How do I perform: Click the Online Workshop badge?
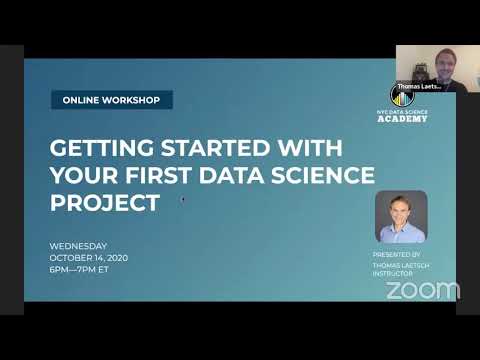112,100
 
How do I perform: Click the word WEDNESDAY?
78,246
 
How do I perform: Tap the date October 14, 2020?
89,258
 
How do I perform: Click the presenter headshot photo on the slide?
400,216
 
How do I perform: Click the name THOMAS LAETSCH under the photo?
398,264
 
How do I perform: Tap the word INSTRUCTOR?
392,273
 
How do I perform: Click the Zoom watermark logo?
422,290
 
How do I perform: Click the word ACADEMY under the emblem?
402,119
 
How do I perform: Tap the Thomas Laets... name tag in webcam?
419,86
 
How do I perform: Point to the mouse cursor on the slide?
182,199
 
